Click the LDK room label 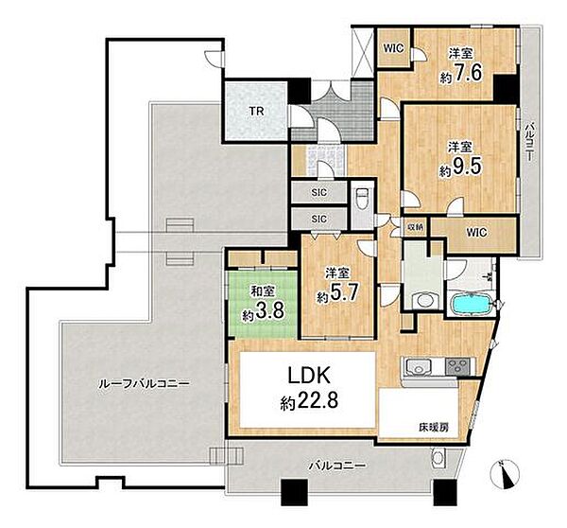308,376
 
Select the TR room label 256,111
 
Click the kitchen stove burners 458,366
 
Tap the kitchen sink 419,366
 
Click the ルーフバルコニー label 144,383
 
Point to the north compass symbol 506,474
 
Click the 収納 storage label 415,227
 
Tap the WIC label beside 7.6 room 393,48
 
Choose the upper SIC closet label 319,192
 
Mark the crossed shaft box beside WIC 362,52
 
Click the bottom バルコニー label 336,466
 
